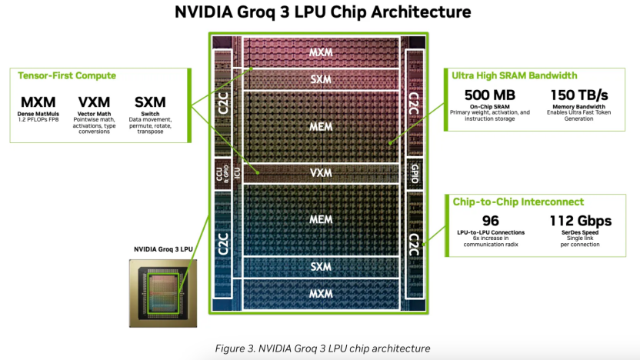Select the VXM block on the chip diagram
[x=321, y=173]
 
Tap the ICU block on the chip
[x=237, y=173]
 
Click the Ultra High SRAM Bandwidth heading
[x=515, y=75]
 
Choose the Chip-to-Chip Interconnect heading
[x=518, y=202]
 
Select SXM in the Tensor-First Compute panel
[x=150, y=102]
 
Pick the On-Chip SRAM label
[x=490, y=106]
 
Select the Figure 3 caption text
[x=322, y=348]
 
